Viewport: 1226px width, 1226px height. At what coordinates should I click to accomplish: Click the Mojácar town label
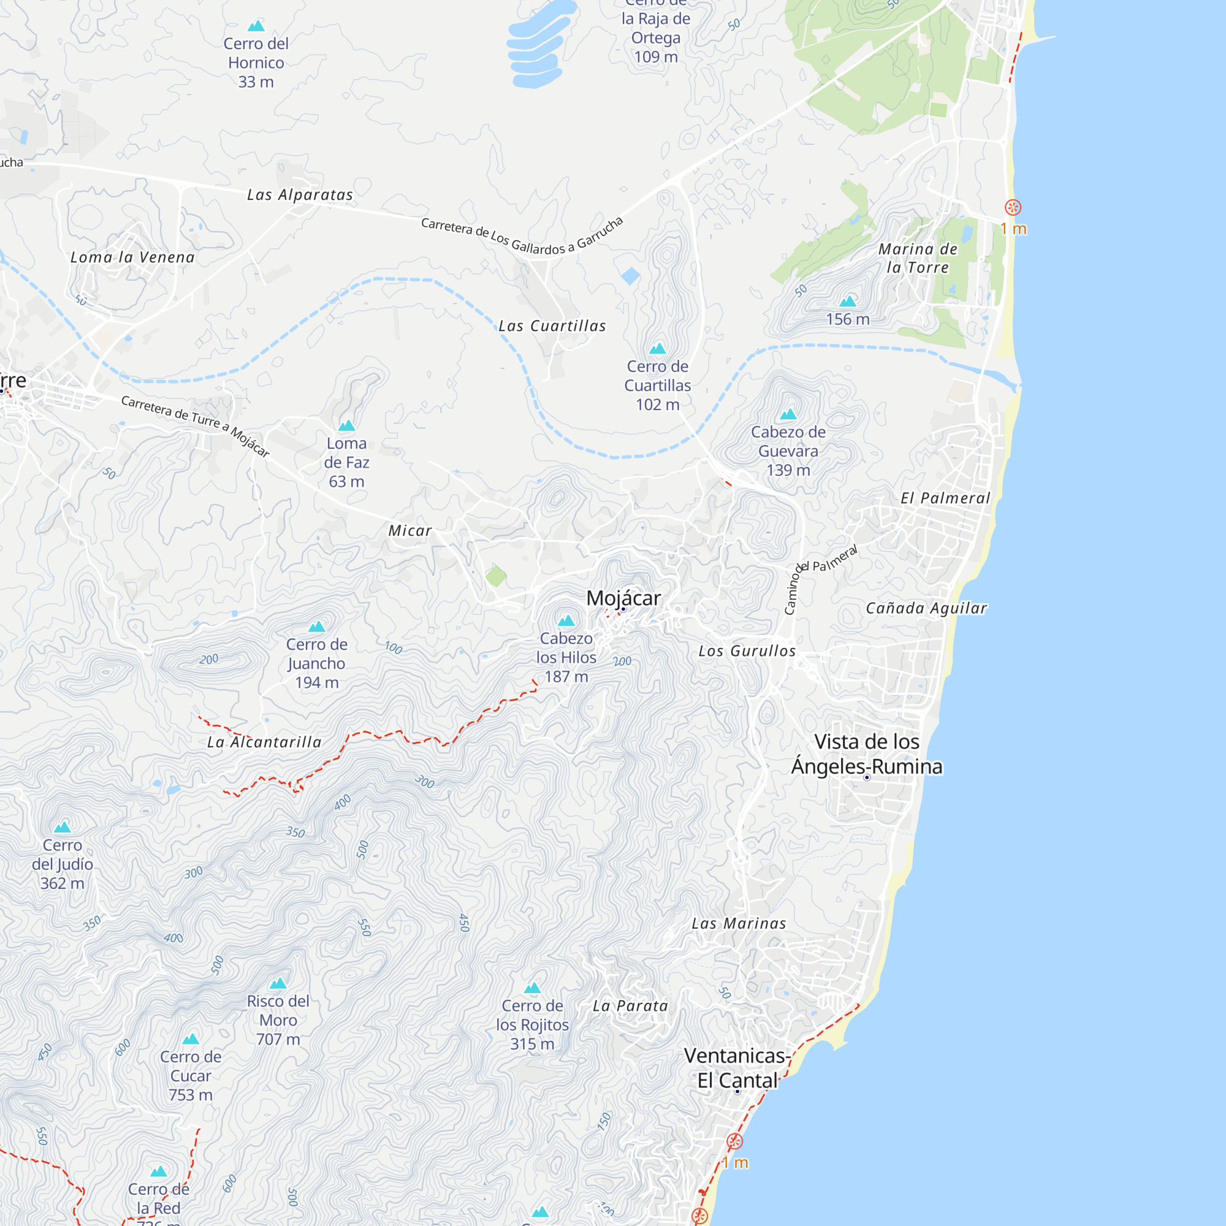[x=623, y=598]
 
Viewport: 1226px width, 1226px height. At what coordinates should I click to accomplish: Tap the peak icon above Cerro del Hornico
[x=256, y=26]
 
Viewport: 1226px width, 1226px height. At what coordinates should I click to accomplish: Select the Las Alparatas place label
[x=300, y=195]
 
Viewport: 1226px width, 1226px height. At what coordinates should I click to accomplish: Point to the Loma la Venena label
[x=132, y=257]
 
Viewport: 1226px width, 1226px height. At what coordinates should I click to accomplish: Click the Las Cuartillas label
[x=552, y=326]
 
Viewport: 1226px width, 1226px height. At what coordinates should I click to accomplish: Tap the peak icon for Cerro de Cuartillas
[x=657, y=348]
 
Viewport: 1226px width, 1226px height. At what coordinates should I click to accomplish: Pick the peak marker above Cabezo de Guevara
[x=788, y=414]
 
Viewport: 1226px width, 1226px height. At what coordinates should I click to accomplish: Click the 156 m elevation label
[x=848, y=319]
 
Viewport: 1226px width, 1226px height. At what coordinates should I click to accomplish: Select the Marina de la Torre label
[x=918, y=258]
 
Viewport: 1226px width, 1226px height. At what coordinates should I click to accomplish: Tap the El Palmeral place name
[x=945, y=498]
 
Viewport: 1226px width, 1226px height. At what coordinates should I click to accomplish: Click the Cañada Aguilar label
[x=926, y=608]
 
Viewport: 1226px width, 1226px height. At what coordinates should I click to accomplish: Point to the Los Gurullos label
[x=747, y=651]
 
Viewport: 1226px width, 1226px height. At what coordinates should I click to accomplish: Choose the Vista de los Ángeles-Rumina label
[x=867, y=754]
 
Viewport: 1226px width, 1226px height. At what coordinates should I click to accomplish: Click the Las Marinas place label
[x=739, y=923]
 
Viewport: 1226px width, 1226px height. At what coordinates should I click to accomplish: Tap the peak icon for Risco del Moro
[x=278, y=984]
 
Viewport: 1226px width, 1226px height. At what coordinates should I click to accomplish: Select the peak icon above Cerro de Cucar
[x=191, y=1040]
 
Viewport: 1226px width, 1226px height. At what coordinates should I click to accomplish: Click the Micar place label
[x=410, y=530]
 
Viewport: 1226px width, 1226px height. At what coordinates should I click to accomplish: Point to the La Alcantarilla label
[x=264, y=742]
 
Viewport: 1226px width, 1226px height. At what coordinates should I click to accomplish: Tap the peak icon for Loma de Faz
[x=346, y=425]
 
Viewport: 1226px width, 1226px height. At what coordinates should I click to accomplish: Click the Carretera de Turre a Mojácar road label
[x=196, y=425]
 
